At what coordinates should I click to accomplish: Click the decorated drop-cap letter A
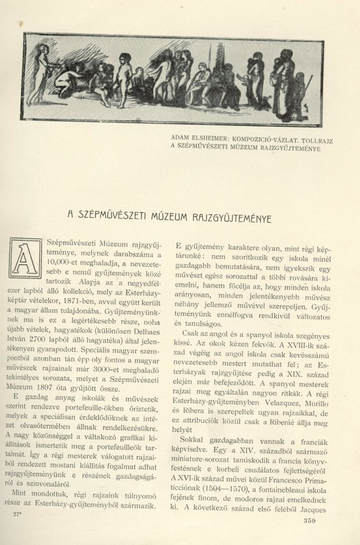(x=25, y=258)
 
